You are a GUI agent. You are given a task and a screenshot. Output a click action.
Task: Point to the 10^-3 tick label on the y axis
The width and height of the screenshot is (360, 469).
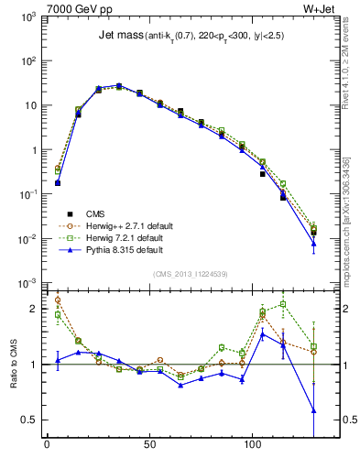pos(27,282)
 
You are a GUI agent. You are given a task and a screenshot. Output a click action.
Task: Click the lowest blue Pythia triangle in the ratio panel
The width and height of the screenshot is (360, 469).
pos(314,410)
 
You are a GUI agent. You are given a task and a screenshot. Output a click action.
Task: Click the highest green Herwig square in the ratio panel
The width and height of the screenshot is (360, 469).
pos(283,305)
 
